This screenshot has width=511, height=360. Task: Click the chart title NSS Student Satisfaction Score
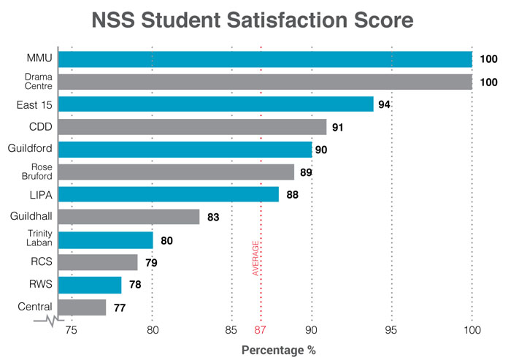tap(255, 19)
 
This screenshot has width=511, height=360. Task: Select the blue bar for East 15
tap(215, 104)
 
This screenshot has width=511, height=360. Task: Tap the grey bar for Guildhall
tap(128, 217)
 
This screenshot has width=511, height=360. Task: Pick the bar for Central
tap(82, 307)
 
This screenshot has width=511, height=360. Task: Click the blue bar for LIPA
tap(168, 194)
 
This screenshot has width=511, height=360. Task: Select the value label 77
tap(120, 307)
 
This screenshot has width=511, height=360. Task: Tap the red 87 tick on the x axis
tap(261, 329)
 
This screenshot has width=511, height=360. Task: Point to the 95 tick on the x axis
tap(392, 329)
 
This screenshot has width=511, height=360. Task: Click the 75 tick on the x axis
tap(72, 329)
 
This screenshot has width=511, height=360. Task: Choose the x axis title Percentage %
tap(279, 350)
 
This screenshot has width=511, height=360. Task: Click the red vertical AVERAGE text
tap(256, 258)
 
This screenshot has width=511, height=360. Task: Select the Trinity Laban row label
tap(34, 240)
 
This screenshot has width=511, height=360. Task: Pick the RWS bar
tap(89, 285)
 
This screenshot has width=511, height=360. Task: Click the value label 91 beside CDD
tap(338, 128)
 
